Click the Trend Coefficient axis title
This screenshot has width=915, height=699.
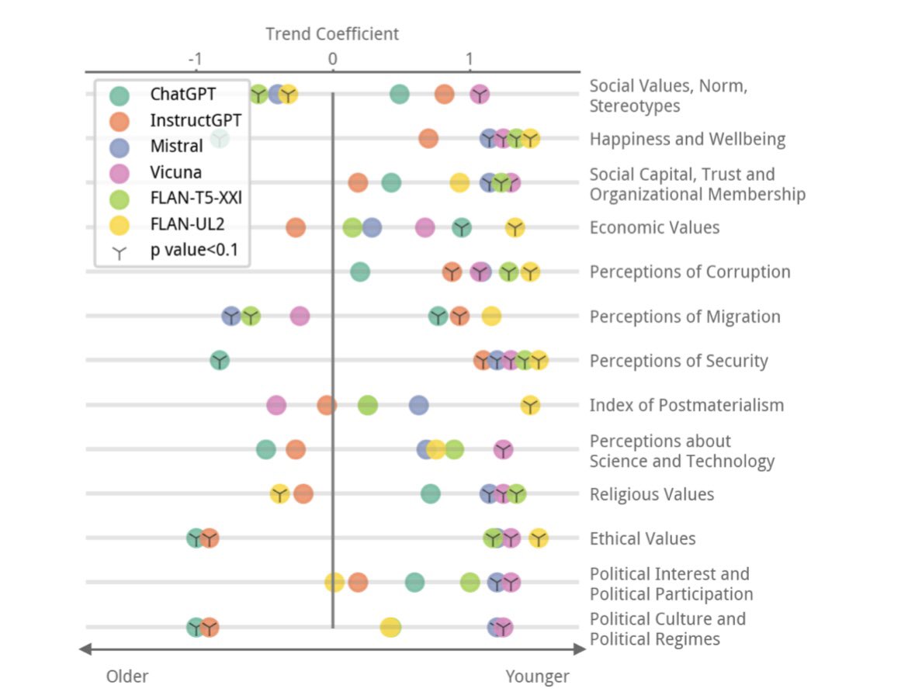[x=331, y=34]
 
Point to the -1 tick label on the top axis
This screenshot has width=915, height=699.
[x=195, y=60]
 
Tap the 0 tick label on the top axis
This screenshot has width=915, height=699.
[x=332, y=60]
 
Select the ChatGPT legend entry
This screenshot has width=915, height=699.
[x=182, y=95]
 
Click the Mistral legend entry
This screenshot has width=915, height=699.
[x=176, y=146]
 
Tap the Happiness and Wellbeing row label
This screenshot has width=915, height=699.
[x=687, y=140]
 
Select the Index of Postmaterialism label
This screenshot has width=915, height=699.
[x=686, y=405]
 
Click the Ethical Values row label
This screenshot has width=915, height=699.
[x=642, y=538]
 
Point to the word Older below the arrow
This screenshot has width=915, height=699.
[x=127, y=677]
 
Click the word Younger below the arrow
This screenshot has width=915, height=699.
[x=537, y=677]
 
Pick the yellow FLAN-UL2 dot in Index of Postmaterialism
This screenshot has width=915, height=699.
[x=530, y=405]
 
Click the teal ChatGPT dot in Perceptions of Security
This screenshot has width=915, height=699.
[x=220, y=360]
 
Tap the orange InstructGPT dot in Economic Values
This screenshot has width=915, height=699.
[x=295, y=227]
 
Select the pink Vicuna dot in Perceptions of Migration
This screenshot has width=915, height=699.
[x=300, y=316]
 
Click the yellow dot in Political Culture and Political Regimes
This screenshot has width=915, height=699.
[x=390, y=628]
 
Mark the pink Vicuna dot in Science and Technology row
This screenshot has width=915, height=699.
[x=503, y=449]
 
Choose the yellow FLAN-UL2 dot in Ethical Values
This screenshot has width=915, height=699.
[x=538, y=538]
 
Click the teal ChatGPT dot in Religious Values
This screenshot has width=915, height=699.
[x=430, y=493]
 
